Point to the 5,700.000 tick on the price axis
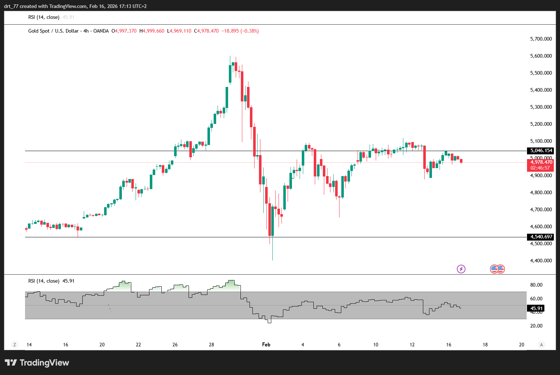541,39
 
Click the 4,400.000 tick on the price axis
541,261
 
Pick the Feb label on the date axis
266,345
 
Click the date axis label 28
211,345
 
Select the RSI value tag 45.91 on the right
536,309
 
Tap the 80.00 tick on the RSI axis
536,285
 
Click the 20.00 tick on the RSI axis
536,326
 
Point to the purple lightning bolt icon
461,269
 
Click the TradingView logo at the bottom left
37,363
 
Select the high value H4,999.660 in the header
152,31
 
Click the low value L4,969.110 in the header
179,31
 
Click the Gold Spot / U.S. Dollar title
53,31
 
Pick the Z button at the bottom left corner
15,345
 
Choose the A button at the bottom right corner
541,345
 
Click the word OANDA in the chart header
101,31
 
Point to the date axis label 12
412,345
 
